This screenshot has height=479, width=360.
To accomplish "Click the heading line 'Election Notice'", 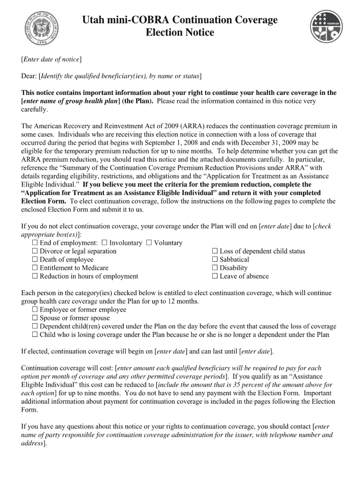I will [x=180, y=33].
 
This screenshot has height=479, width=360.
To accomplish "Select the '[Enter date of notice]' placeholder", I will [x=51, y=59].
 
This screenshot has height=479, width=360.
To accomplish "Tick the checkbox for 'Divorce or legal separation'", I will [x=35, y=251].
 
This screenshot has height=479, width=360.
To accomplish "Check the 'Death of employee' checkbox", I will [x=35, y=260].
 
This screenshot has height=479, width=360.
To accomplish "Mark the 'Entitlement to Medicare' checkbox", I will [x=35, y=268].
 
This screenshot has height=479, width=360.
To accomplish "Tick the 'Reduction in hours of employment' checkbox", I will [x=35, y=276].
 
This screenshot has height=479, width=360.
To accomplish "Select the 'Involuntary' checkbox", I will [x=104, y=243].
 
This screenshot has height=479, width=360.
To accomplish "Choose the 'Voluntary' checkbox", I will [x=149, y=243].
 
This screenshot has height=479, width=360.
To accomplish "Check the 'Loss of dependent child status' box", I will [x=215, y=251].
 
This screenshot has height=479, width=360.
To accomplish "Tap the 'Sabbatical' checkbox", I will [x=215, y=260].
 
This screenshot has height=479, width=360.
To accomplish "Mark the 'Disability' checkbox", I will [x=215, y=268].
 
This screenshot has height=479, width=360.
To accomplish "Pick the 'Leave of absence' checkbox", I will [x=215, y=276].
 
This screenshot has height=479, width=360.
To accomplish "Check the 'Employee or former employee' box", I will [x=35, y=310].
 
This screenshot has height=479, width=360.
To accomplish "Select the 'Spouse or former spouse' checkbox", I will [x=35, y=318].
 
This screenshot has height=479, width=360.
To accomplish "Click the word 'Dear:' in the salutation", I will [x=29, y=76].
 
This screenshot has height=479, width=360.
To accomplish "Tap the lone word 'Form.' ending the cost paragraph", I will [x=29, y=410].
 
